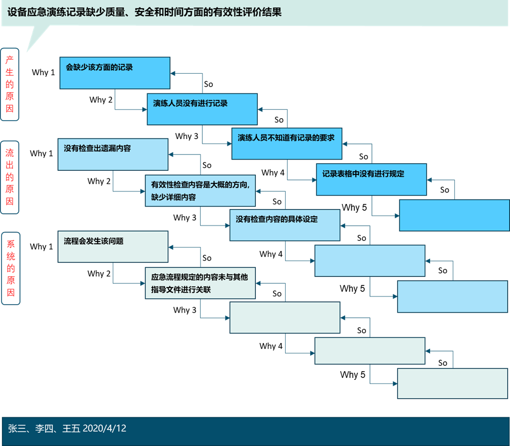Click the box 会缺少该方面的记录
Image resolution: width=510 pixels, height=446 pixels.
click(115, 73)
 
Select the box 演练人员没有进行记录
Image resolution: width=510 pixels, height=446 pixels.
click(202, 109)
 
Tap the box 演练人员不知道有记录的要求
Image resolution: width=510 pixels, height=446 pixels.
click(287, 143)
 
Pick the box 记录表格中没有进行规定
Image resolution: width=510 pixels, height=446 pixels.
click(371, 179)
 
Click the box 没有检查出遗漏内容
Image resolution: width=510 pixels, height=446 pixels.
click(113, 155)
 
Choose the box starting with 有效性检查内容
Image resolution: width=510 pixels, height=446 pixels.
click(200, 190)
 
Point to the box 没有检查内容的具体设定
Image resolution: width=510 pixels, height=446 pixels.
click(285, 225)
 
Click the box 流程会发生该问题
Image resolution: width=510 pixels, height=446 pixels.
click(113, 246)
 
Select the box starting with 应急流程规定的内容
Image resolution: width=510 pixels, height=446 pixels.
click(200, 283)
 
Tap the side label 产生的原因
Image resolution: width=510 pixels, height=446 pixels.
click(10, 84)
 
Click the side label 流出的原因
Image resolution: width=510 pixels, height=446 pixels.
click(10, 177)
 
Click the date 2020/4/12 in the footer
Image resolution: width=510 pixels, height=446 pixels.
click(105, 428)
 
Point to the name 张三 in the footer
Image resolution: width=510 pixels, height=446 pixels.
click(16, 428)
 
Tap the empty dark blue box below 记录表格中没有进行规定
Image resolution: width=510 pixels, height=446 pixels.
click(454, 215)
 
